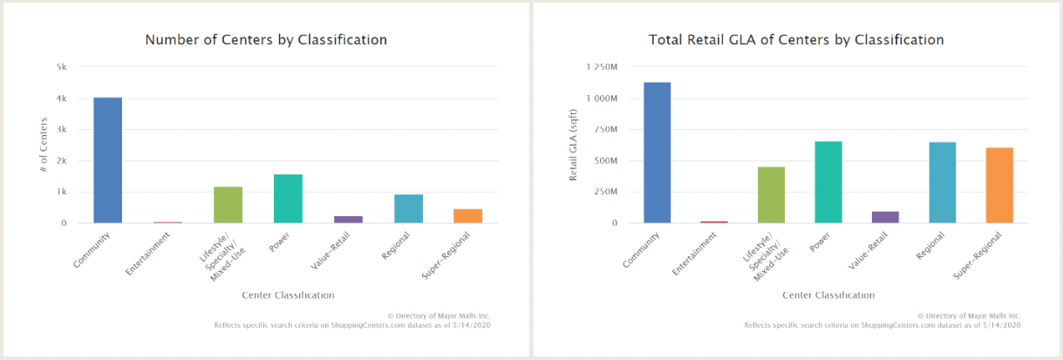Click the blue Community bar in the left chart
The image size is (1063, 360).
tap(107, 160)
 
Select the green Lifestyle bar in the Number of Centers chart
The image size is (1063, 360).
tap(228, 205)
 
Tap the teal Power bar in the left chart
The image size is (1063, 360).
tap(288, 199)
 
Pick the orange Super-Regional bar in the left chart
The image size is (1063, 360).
tap(467, 216)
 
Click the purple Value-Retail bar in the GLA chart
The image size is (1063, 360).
tap(885, 217)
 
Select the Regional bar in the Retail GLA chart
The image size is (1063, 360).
tap(942, 182)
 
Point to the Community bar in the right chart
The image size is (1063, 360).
tap(657, 153)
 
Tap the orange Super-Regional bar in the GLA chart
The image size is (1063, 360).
tap(999, 186)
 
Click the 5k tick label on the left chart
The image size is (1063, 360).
tap(61, 67)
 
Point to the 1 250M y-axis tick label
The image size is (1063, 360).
tap(602, 67)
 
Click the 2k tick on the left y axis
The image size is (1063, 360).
tap(61, 160)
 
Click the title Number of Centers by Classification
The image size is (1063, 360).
tap(266, 40)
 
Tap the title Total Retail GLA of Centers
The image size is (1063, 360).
tap(796, 40)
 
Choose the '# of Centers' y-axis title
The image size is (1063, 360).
tap(43, 144)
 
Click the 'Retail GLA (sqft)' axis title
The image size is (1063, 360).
tap(573, 145)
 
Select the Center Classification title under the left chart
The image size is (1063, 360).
tap(288, 295)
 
